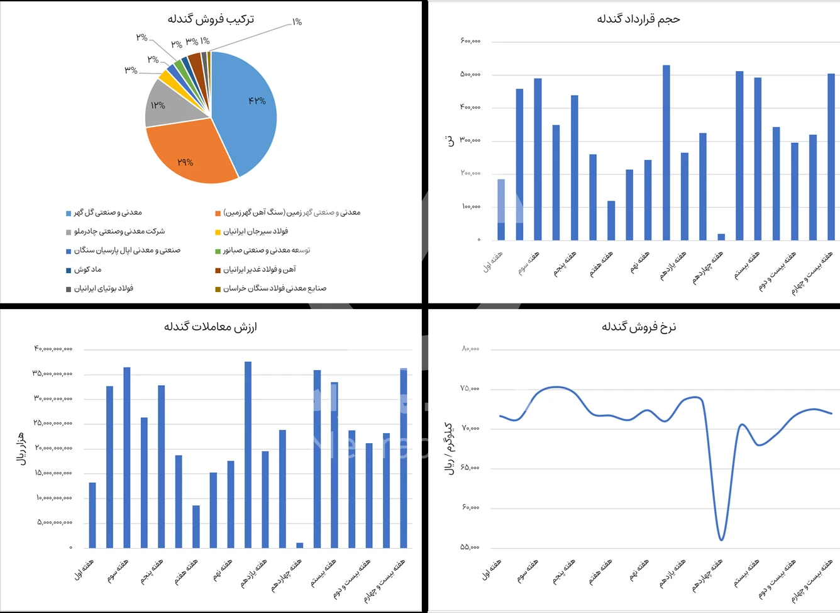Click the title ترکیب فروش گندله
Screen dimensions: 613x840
click(x=211, y=19)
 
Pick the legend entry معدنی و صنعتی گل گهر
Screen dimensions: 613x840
click(x=108, y=213)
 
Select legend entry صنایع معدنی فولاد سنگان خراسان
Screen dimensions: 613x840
click(x=274, y=288)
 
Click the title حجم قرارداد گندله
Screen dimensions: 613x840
click(x=638, y=19)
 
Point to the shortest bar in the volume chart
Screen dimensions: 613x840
click(x=721, y=237)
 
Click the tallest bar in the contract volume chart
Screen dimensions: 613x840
click(x=666, y=151)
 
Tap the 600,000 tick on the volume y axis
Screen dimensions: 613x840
click(x=470, y=42)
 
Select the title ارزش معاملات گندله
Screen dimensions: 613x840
click(x=211, y=327)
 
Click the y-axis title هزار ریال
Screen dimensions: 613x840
click(x=21, y=448)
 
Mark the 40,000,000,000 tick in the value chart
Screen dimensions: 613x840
click(x=53, y=349)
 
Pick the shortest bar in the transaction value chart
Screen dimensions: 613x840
click(x=299, y=545)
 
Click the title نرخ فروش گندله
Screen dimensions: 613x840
click(x=638, y=327)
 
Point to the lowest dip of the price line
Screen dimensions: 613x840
click(x=721, y=539)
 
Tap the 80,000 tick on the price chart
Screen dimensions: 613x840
click(x=470, y=349)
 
